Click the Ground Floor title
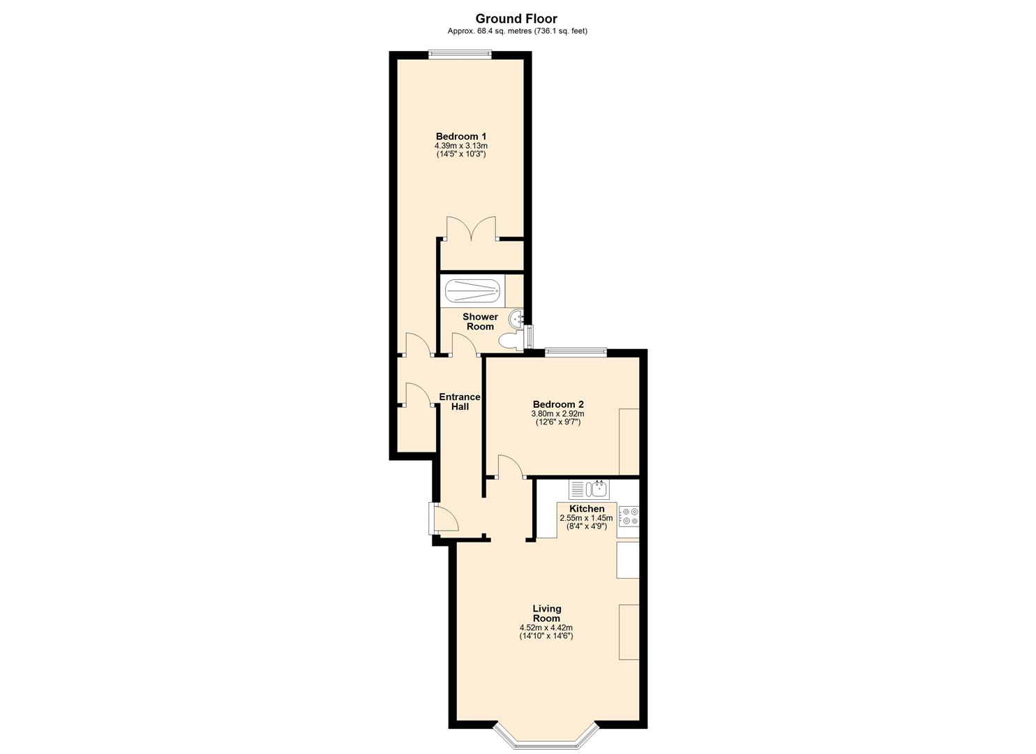coord(516,19)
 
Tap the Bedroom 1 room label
coord(460,136)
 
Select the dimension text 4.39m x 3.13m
coord(460,145)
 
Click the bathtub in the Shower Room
coord(472,289)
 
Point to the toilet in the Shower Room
coord(510,341)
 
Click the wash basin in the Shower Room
coord(517,318)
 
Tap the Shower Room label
coord(480,322)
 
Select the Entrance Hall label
coord(459,401)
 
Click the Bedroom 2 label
coord(557,404)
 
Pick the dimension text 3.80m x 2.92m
coord(557,413)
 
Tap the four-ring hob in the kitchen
coord(629,516)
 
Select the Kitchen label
coord(587,508)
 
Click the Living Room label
coord(546,613)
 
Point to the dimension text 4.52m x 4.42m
coord(546,627)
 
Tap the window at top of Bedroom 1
coord(460,53)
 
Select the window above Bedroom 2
coord(576,352)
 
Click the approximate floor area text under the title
coord(516,31)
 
